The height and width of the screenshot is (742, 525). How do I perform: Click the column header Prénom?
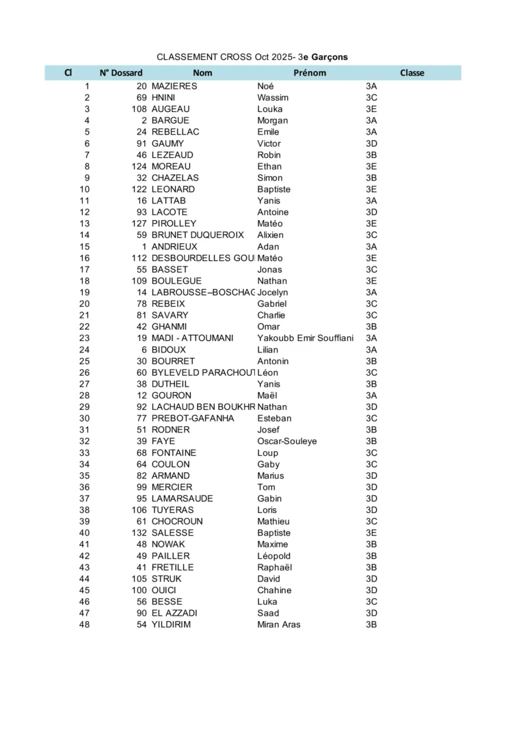pos(310,73)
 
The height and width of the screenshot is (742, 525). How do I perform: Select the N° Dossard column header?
pos(121,73)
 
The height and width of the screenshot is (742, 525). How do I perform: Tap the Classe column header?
pos(412,73)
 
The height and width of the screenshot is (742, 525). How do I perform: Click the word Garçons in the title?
pos(329,57)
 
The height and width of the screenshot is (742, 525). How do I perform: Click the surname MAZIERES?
pos(174,86)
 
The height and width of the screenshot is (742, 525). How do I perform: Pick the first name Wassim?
pos(273,98)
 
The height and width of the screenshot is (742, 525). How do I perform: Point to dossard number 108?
pos(139,109)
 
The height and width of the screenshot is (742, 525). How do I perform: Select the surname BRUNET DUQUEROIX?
pos(198,235)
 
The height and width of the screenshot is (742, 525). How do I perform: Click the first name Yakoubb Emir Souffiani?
pos(305,338)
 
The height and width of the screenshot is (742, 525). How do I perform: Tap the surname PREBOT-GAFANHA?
pos(193,418)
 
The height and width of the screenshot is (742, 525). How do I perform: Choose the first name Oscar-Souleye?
pos(287,441)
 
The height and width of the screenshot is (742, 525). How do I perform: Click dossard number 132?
pos(139,533)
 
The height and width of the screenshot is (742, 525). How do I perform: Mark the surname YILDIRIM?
pos(172,624)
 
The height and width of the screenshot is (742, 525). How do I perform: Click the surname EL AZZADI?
pos(174,613)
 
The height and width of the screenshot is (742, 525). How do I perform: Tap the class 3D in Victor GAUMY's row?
pos(371,143)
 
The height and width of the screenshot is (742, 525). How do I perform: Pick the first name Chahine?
pos(274,590)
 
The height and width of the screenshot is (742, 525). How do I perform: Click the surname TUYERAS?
pos(172,510)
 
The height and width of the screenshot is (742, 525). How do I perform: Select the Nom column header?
pos(202,73)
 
